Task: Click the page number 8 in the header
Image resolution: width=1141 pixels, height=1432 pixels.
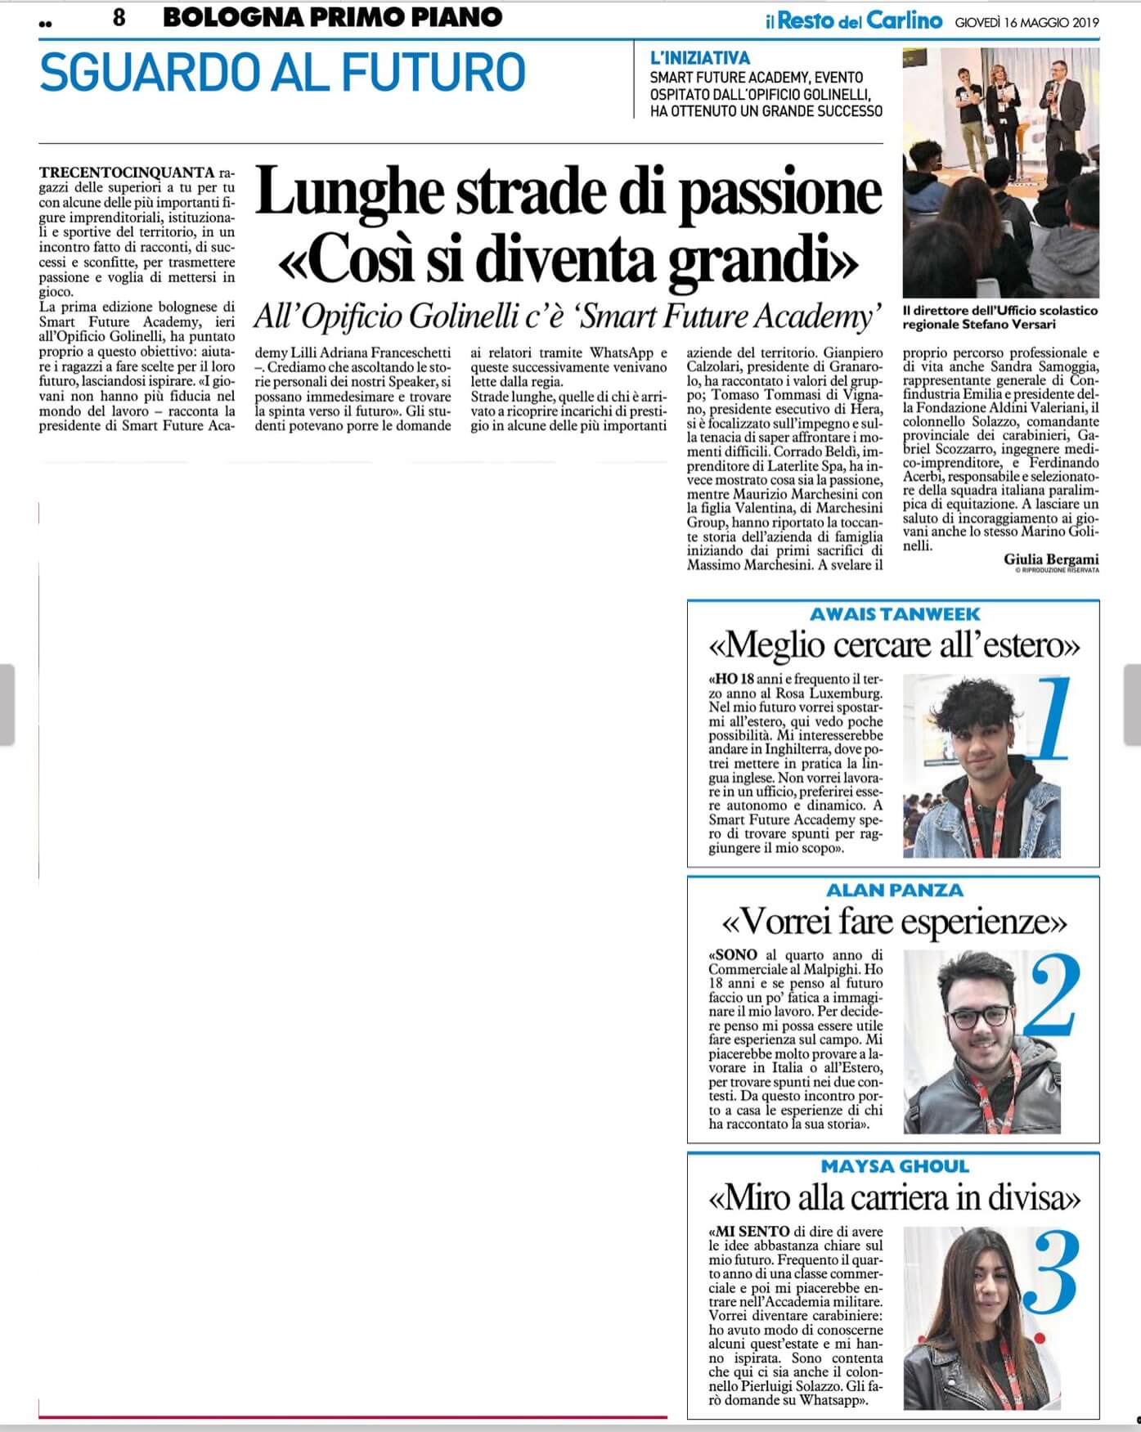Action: [x=119, y=18]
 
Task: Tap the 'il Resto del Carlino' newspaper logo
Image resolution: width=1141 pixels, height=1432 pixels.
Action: [x=854, y=21]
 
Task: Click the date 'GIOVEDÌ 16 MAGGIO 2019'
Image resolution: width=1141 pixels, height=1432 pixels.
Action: [x=1026, y=22]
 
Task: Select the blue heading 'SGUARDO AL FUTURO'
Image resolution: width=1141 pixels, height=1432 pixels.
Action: [x=282, y=72]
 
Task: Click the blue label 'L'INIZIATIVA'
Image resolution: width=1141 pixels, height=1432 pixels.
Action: [x=699, y=58]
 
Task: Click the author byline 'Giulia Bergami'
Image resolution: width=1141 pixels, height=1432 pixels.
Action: [x=1051, y=559]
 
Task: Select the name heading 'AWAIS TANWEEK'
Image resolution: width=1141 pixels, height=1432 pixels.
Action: [x=894, y=614]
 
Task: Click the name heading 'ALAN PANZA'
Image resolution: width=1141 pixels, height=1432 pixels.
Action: [x=894, y=890]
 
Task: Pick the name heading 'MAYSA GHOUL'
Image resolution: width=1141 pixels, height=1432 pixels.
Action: [x=894, y=1166]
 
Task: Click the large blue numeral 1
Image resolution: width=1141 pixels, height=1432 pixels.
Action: [x=1049, y=720]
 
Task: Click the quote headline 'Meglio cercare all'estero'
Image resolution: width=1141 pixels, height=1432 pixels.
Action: [x=894, y=646]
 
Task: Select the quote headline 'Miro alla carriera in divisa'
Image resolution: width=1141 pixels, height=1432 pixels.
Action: [x=894, y=1199]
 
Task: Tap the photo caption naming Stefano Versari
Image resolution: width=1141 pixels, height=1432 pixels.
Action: [x=999, y=317]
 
